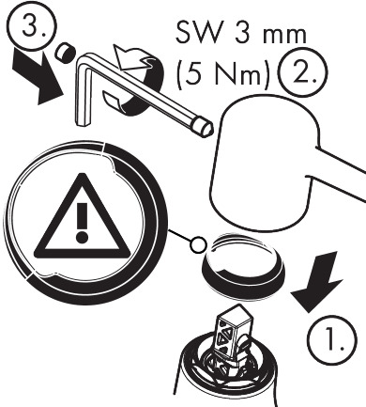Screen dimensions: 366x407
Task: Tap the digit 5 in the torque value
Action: coord(198,69)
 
